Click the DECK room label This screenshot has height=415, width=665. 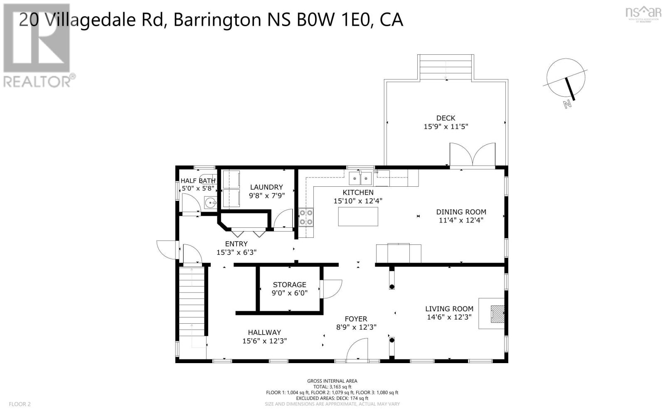[x=446, y=118]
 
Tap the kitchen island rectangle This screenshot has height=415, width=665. [x=358, y=216]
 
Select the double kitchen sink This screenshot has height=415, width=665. [x=360, y=179]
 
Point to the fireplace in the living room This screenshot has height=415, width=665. [x=497, y=314]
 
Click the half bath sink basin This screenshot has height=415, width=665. [x=211, y=203]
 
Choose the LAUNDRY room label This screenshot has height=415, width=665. [x=266, y=187]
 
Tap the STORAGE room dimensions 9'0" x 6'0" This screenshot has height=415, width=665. [x=290, y=293]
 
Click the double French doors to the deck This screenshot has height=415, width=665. [x=472, y=156]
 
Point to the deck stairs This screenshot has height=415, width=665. [x=446, y=67]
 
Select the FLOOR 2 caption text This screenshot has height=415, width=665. [x=20, y=404]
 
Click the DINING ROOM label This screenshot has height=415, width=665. [x=461, y=212]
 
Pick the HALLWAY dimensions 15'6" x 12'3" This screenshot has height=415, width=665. [x=265, y=341]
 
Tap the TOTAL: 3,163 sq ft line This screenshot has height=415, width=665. [x=332, y=386]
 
